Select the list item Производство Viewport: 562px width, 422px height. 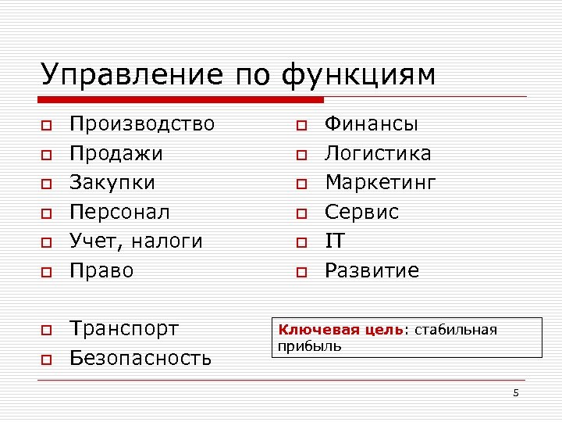pyautogui.click(x=142, y=123)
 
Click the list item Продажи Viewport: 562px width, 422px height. pyautogui.click(x=116, y=153)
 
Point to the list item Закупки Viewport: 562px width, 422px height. pyautogui.click(x=112, y=183)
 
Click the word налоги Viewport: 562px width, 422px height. pyautogui.click(x=166, y=241)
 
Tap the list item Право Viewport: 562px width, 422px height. pyautogui.click(x=101, y=270)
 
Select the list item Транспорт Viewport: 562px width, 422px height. pyautogui.click(x=124, y=328)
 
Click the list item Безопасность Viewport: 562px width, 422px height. pyautogui.click(x=140, y=358)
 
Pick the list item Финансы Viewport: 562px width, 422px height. pyautogui.click(x=372, y=123)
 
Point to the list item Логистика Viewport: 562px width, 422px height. pyautogui.click(x=378, y=153)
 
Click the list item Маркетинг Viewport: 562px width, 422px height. pyautogui.click(x=380, y=183)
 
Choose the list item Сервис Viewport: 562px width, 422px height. pyautogui.click(x=361, y=212)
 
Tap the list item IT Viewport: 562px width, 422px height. pyautogui.click(x=334, y=241)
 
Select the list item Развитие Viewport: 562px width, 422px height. pyautogui.click(x=372, y=270)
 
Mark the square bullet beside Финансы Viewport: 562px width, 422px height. pyautogui.click(x=301, y=125)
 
